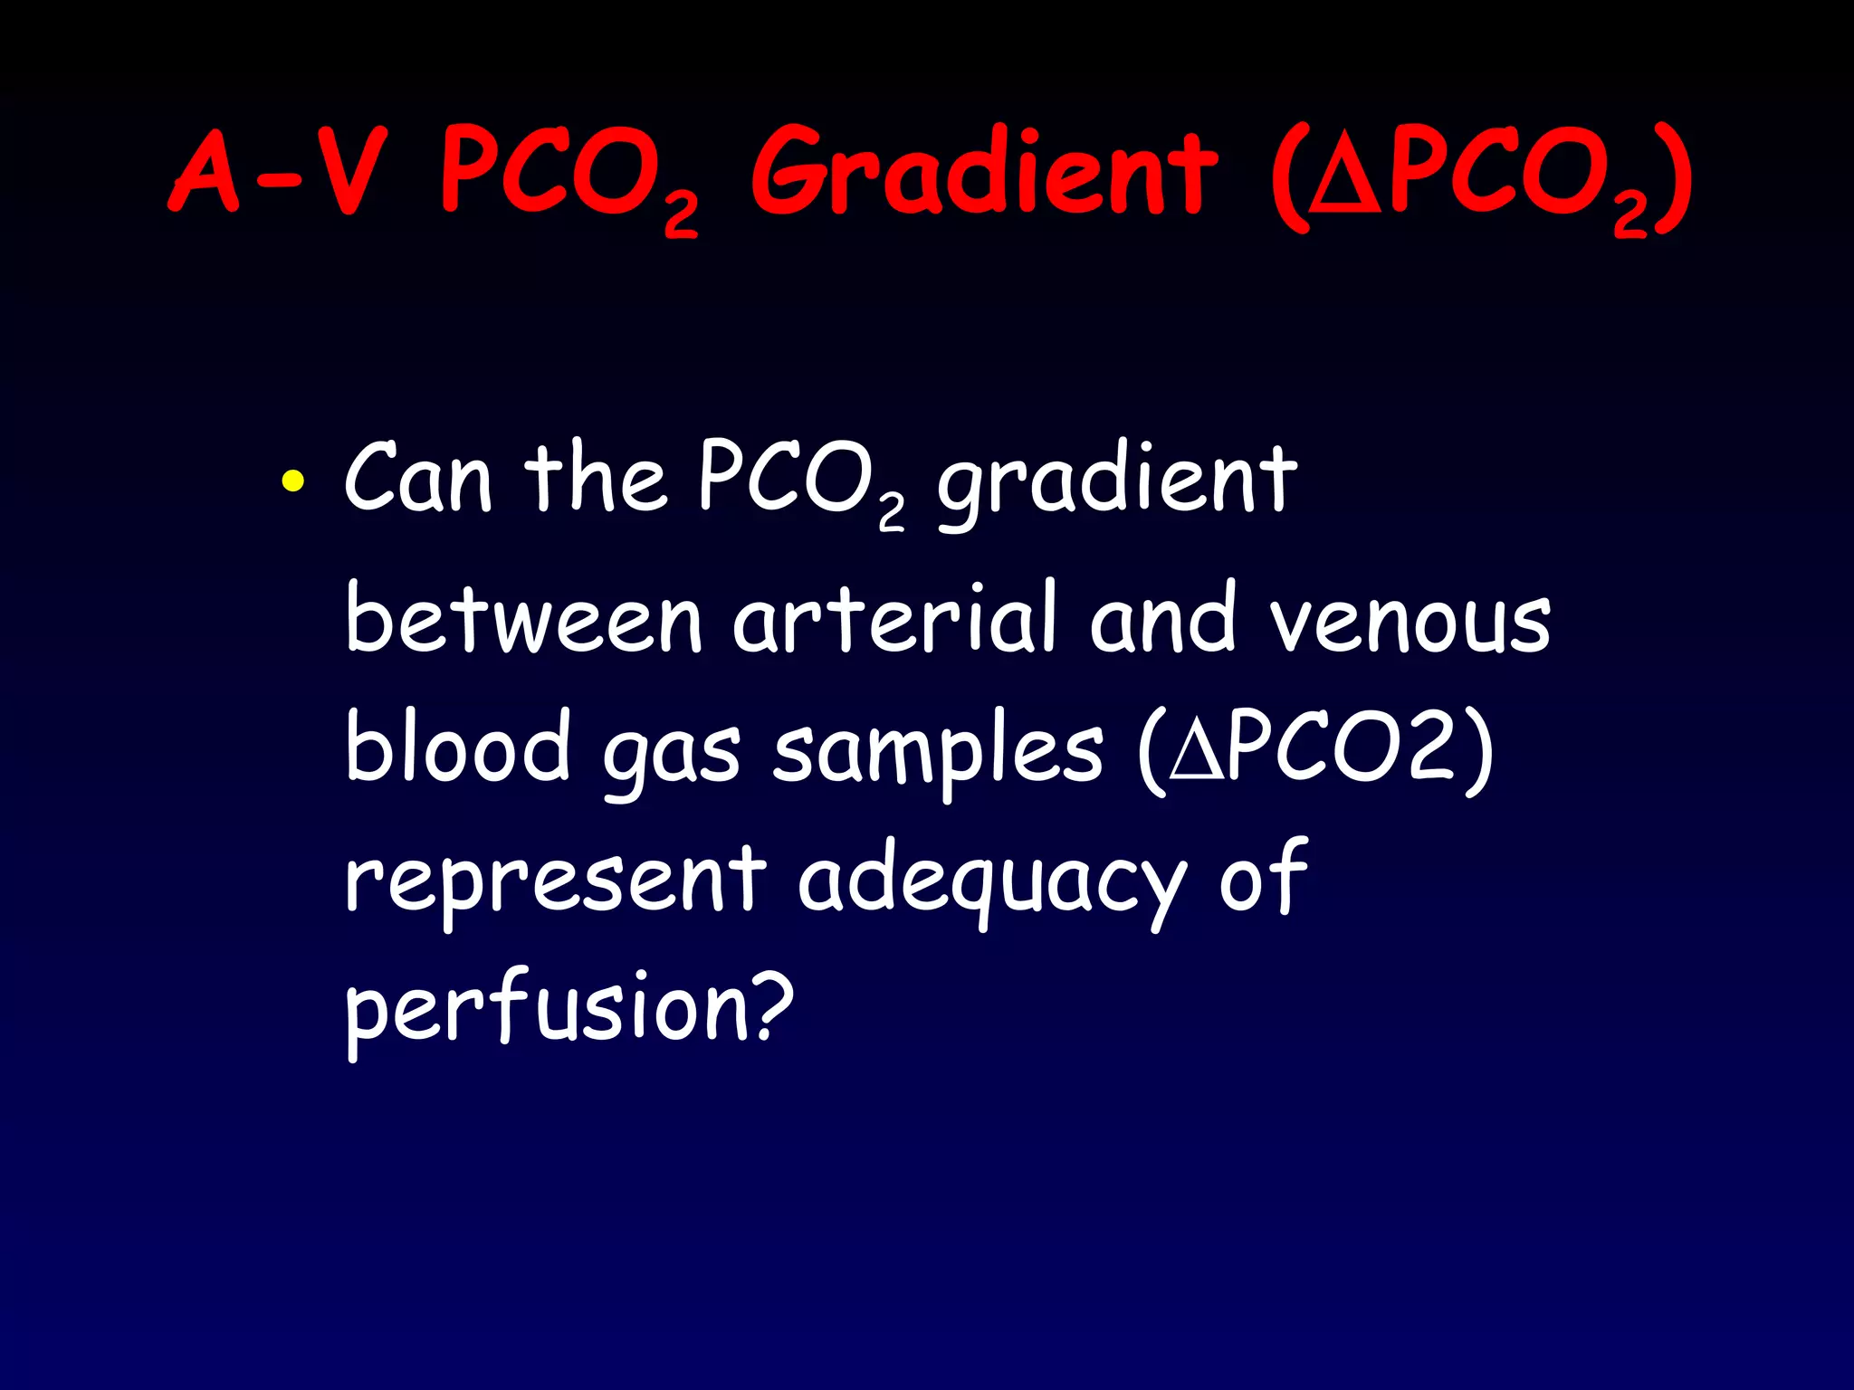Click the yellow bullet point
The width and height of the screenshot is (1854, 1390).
point(292,481)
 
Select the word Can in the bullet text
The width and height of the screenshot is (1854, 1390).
point(418,480)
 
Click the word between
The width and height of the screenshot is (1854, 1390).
point(524,619)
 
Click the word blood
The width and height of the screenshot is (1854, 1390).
point(458,747)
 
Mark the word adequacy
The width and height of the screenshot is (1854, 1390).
point(992,882)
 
